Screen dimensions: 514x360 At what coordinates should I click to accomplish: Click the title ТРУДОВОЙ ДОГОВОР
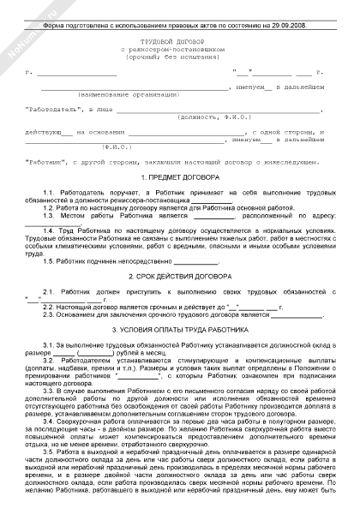pos(179,41)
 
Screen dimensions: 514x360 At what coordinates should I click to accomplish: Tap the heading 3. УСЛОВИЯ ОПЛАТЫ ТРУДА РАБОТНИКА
pos(180,327)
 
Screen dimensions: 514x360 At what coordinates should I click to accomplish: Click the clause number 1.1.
pos(49,191)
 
